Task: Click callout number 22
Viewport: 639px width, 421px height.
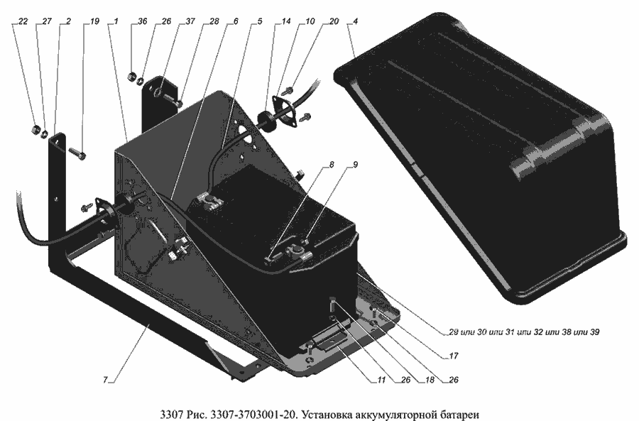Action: (23, 22)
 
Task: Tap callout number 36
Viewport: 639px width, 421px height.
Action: (143, 22)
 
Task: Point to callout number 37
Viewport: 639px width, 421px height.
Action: (190, 22)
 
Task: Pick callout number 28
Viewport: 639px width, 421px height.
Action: (214, 22)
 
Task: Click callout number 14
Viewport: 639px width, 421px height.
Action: (285, 22)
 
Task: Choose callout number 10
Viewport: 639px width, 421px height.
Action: (310, 22)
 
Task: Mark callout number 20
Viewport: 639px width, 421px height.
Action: (334, 22)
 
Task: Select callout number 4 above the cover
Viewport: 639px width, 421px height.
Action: (356, 22)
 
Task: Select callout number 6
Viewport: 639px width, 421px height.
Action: (236, 22)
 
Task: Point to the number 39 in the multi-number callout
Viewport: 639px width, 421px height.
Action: (595, 331)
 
